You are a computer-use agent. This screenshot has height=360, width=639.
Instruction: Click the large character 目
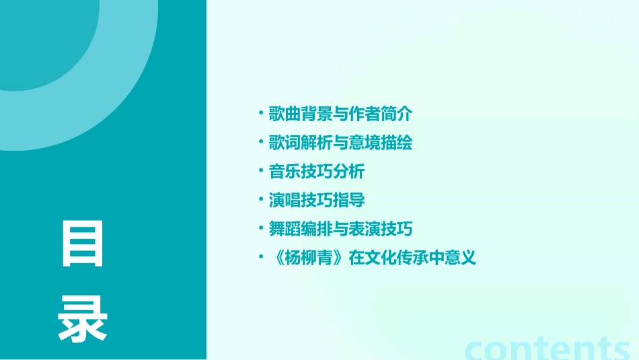tap(83, 243)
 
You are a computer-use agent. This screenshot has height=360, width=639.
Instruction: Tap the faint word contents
tap(548, 349)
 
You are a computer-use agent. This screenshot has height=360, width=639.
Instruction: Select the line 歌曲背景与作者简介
tap(340, 114)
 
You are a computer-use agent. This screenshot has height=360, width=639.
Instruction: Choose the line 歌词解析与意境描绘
tap(340, 143)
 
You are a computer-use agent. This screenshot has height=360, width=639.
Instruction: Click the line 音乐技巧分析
tap(317, 172)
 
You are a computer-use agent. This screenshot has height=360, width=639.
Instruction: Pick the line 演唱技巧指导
tap(317, 200)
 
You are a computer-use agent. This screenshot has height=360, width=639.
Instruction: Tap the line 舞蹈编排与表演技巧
tap(340, 229)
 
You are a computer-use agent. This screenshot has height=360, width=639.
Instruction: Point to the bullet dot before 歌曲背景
tap(261, 113)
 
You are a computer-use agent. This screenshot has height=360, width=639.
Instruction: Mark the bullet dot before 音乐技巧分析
tap(261, 171)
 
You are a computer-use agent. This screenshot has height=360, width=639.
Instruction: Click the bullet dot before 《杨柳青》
tap(261, 257)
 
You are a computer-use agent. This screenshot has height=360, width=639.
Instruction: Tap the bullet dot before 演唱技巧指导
tap(261, 199)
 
